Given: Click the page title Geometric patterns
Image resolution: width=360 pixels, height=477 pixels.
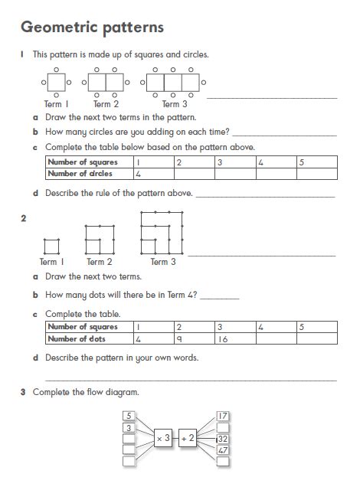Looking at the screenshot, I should [92, 28].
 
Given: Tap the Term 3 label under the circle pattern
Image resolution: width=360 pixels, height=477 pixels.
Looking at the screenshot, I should [175, 104].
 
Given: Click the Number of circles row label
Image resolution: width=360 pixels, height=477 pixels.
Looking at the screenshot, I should [80, 174].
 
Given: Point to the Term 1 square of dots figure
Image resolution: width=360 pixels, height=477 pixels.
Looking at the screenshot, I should [51, 246].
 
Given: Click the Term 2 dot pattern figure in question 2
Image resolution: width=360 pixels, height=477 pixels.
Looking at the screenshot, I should [100, 240].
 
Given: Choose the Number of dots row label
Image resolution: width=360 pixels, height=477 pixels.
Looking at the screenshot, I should [77, 338].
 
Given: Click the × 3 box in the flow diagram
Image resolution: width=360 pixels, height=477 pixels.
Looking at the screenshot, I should [163, 439].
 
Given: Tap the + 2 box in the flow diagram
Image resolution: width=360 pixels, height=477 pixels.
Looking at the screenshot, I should [188, 439].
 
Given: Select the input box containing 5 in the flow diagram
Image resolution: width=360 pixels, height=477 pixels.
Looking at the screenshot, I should [129, 416].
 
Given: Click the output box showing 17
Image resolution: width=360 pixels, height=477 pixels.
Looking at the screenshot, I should [223, 416].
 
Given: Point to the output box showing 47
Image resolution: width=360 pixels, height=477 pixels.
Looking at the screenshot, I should [223, 450].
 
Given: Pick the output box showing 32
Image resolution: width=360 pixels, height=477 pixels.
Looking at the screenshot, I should [223, 439].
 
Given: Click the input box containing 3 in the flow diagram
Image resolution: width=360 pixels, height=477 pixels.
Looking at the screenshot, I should [129, 427].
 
